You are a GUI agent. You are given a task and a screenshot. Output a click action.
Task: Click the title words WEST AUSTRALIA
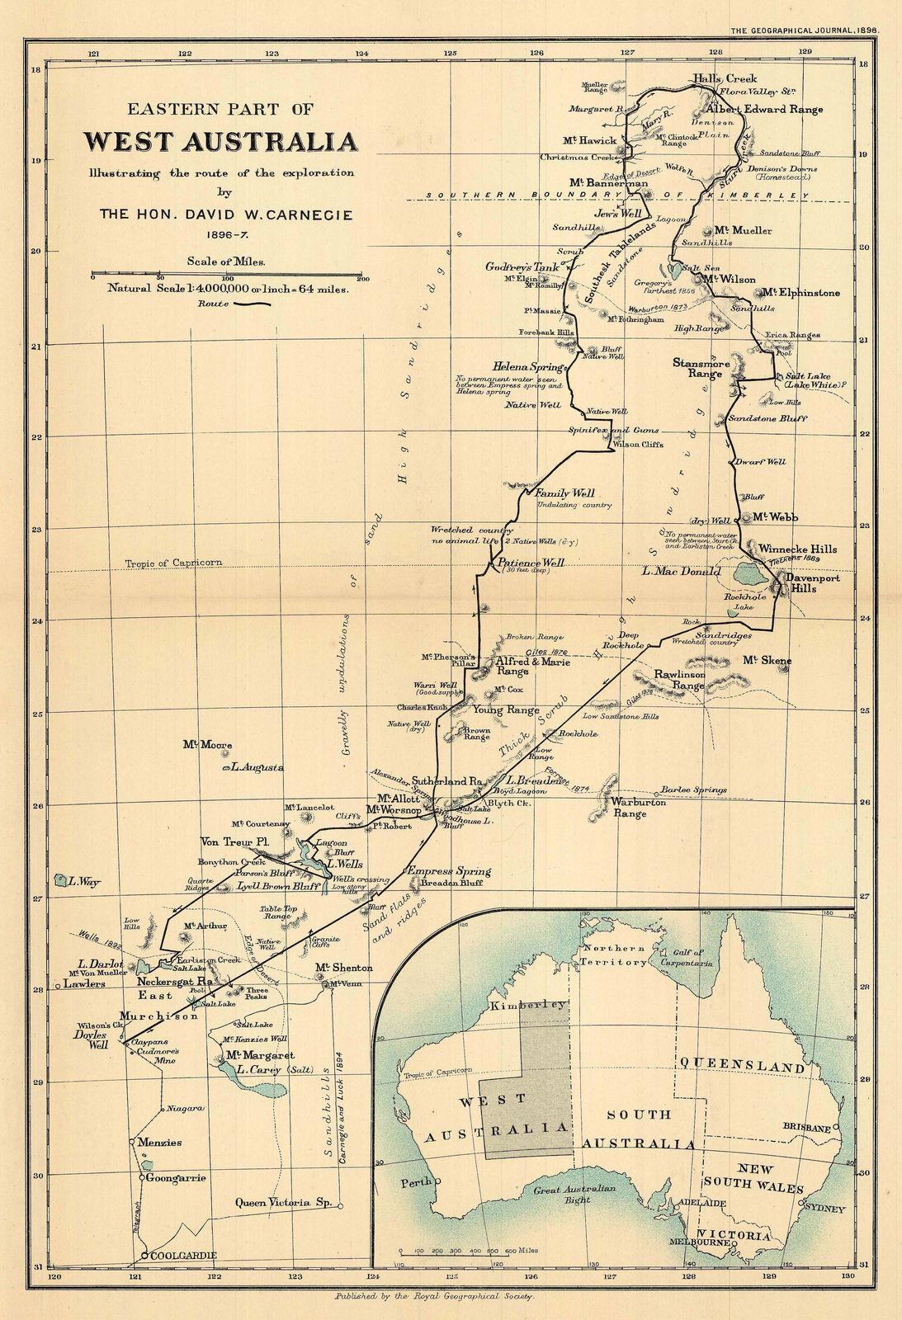[x=220, y=142]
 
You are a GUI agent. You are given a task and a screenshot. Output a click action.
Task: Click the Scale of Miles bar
[x=227, y=272]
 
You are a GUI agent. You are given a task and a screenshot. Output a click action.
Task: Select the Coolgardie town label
[x=184, y=1255]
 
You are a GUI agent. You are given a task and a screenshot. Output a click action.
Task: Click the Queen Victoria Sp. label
[x=283, y=1202]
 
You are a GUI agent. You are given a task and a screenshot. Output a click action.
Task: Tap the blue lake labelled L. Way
[x=59, y=880]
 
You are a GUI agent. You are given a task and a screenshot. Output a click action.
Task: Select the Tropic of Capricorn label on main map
[x=173, y=563]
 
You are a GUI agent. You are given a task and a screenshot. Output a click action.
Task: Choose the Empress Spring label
[x=449, y=871]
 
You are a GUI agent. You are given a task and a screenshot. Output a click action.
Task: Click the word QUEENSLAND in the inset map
[x=741, y=1067]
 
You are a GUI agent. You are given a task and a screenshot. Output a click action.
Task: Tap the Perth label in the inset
[x=416, y=1183]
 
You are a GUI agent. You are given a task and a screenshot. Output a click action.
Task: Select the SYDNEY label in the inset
[x=824, y=1209]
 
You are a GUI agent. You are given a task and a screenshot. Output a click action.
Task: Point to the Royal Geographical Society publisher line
[x=434, y=1296]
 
